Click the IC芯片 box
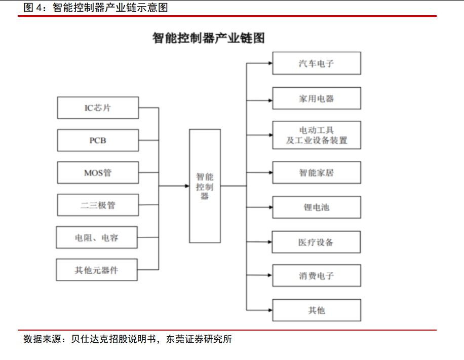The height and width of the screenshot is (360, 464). (98, 108)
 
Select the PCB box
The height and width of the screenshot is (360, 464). (98, 140)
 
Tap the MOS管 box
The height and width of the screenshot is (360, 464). (98, 172)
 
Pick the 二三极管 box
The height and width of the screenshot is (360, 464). (98, 205)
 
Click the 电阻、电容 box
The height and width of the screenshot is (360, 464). (97, 237)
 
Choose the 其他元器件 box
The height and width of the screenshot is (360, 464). (97, 270)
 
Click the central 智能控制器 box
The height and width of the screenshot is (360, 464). (205, 186)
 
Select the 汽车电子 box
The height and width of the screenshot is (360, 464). (317, 63)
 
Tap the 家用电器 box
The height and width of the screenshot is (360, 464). (317, 98)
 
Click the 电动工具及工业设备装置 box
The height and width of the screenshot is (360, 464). (317, 135)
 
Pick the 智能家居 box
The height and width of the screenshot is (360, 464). (317, 172)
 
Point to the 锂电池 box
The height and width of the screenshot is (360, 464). (317, 207)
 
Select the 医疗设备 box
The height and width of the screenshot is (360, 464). (316, 242)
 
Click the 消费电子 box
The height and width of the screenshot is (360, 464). (317, 275)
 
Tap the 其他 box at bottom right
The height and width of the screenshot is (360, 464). (317, 310)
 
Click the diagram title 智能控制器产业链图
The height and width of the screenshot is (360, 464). (209, 38)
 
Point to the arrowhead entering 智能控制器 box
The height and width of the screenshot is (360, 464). (187, 186)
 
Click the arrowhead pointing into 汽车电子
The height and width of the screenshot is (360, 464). (270, 63)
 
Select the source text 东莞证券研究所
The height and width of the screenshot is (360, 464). (199, 339)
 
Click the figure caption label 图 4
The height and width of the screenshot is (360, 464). (33, 8)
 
